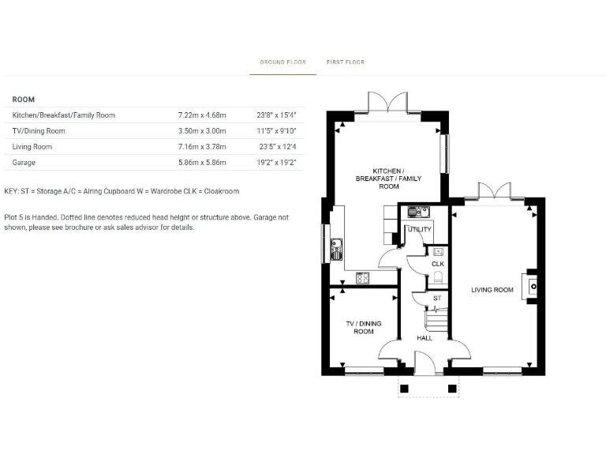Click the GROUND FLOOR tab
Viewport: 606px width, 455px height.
point(282,62)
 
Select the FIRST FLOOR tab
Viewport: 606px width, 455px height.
point(346,62)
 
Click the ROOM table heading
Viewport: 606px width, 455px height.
point(24,100)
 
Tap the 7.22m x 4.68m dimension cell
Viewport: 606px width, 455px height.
point(202,115)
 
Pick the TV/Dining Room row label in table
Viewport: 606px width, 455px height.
point(39,131)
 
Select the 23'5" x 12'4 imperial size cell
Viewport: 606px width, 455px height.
point(276,147)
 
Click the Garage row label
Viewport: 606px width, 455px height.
point(24,163)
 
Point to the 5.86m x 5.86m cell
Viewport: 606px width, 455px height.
point(202,163)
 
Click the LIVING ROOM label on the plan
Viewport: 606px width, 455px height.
point(492,290)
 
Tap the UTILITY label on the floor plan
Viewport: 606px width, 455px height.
point(419,230)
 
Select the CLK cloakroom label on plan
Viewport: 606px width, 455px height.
point(437,263)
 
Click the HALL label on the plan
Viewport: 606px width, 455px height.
point(425,338)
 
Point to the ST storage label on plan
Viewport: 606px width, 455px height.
point(436,298)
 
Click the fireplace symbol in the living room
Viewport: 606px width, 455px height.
point(533,284)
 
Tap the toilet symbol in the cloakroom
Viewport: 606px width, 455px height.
point(438,277)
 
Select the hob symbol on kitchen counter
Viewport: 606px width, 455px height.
point(364,277)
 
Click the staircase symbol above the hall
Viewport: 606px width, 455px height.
point(436,319)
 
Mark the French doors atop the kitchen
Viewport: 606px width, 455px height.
point(387,103)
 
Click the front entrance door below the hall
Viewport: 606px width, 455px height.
point(425,366)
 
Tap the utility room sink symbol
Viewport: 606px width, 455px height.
point(417,211)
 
